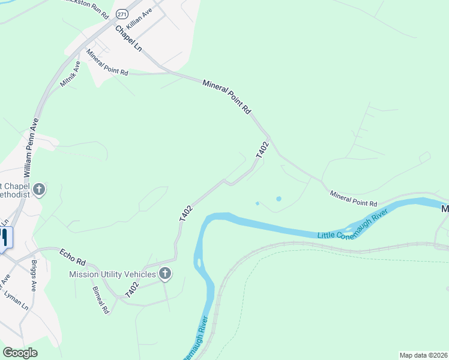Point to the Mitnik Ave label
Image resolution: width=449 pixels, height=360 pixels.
[70, 73]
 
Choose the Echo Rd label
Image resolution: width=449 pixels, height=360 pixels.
[73, 259]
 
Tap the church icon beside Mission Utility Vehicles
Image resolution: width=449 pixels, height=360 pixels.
[165, 275]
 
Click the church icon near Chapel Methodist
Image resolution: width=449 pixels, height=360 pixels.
[39, 190]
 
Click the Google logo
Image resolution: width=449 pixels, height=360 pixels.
[20, 353]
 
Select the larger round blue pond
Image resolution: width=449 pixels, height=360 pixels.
[278, 199]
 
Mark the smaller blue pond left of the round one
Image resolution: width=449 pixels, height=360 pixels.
[258, 203]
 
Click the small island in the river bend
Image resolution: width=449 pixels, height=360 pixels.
[197, 262]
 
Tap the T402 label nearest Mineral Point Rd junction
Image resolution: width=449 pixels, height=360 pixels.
[262, 150]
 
